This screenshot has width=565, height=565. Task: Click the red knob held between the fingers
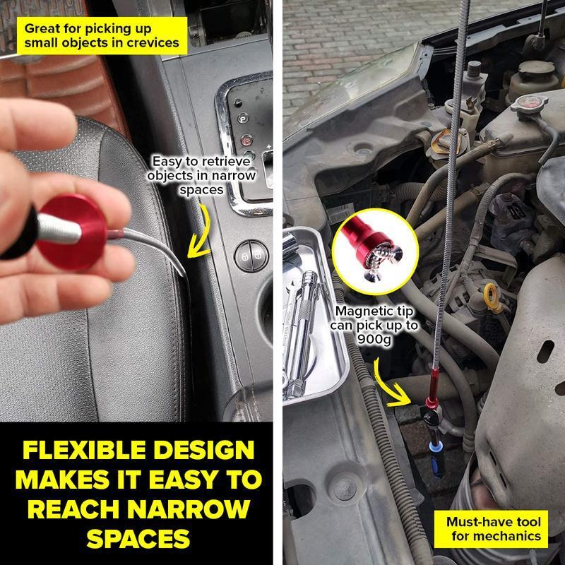point(72,232)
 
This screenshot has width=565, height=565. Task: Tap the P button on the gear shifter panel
point(243,118)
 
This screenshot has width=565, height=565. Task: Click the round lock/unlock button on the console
point(251,256)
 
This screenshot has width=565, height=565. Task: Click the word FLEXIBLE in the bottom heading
point(83,450)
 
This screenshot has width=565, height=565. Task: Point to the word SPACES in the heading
point(138,538)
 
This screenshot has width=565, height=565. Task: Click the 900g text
point(374,339)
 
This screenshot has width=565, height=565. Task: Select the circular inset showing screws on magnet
point(375,251)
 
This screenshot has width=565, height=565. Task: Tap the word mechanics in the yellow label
point(496,536)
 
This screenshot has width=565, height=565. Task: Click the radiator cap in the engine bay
point(529,104)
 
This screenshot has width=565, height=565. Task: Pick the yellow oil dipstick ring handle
point(491,295)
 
